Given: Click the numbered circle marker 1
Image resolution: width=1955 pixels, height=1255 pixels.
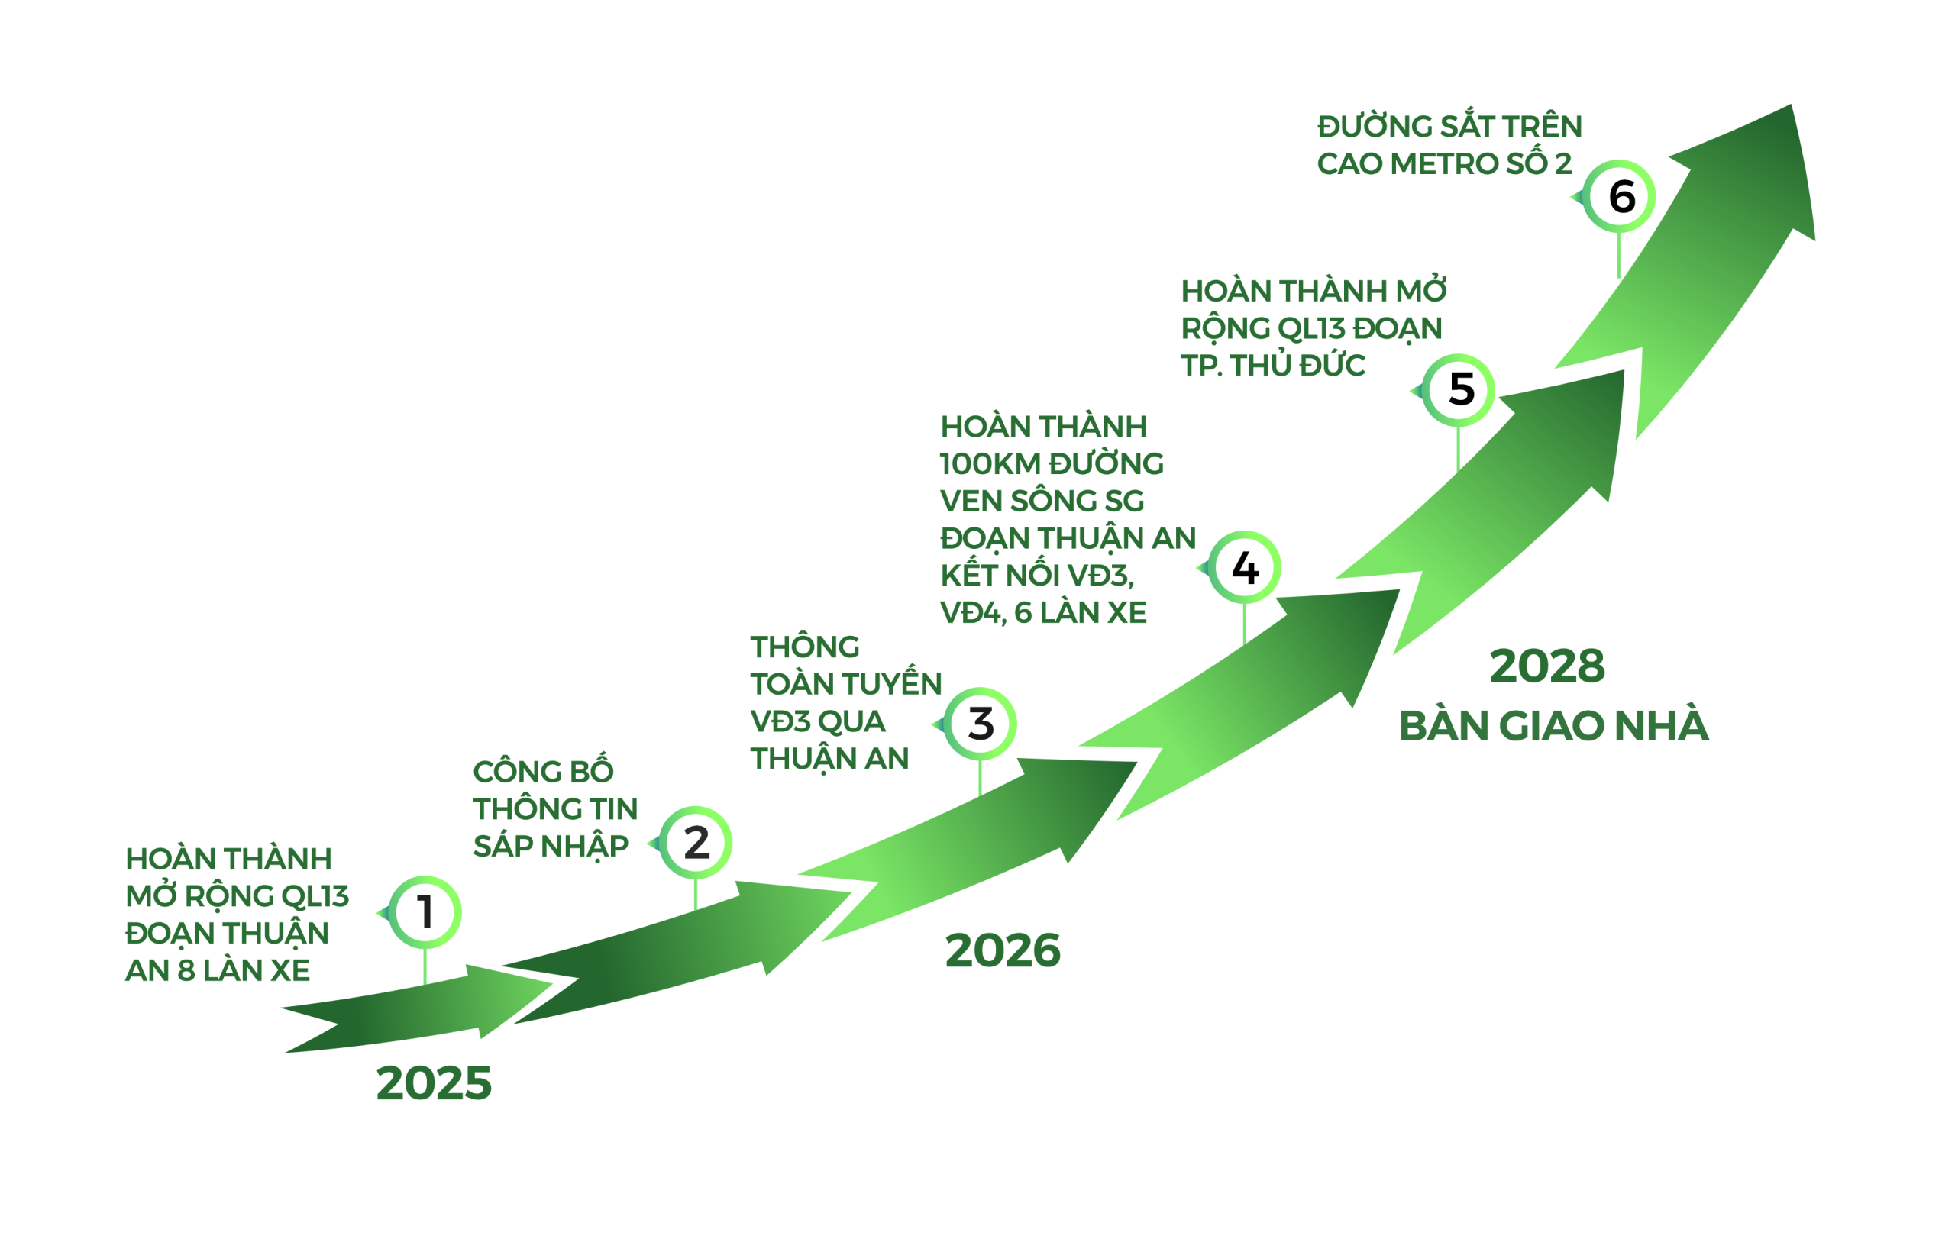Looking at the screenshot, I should point(425,912).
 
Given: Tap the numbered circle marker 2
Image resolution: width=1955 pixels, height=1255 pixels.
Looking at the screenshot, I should point(696,842).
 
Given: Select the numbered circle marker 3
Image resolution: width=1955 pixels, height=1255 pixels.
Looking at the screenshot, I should point(980,724).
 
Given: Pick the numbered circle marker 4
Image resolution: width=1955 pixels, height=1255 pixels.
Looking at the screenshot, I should point(1244,566).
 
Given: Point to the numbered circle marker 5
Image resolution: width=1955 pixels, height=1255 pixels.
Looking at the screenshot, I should point(1459,389).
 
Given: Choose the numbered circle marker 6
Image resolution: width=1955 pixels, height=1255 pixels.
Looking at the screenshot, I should point(1619,195).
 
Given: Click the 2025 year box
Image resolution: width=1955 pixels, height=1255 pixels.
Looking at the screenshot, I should point(426,1082).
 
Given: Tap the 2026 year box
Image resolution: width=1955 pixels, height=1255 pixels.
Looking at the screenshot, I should point(1001,950).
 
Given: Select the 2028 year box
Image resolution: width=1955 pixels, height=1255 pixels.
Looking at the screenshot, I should point(1554,665).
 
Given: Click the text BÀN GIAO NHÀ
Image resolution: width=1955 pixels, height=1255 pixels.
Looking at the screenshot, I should point(1553,725).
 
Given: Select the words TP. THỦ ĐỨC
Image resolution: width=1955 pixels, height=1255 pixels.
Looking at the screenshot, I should point(1272,365).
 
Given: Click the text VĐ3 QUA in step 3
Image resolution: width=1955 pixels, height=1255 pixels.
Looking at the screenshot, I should point(817,721).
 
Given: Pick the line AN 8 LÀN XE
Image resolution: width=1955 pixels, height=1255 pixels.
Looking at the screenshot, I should point(217,969).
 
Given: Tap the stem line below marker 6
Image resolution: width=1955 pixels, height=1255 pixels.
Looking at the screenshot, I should point(1619,254).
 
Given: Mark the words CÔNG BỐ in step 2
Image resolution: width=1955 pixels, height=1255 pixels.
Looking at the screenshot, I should point(543,771).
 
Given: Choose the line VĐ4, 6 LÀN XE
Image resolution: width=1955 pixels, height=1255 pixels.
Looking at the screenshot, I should point(1042,612).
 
